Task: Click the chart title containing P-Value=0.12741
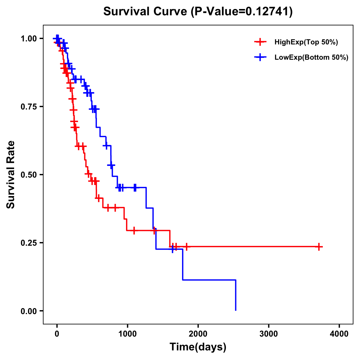(198, 12)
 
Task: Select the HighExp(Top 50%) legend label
(306, 42)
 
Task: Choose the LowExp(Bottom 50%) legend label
(311, 58)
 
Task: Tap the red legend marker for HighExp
(260, 42)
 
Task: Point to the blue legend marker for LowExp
(260, 58)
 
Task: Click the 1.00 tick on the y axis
(29, 39)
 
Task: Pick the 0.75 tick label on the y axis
(29, 107)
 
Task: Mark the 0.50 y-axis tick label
(29, 175)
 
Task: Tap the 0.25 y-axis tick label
(29, 243)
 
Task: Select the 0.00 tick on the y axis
(29, 311)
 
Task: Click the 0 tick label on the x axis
(57, 334)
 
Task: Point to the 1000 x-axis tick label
(127, 334)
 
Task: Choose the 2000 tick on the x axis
(198, 334)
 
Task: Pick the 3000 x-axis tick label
(268, 334)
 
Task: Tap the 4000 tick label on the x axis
(339, 334)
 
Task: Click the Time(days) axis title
(198, 347)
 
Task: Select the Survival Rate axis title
(11, 175)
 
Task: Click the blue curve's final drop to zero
(236, 295)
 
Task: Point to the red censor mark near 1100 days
(134, 230)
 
